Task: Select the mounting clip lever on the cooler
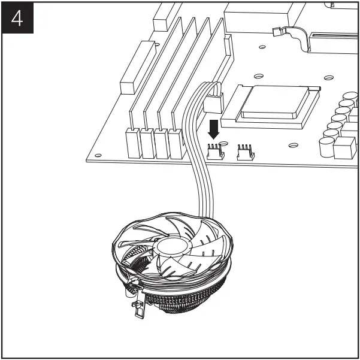coord(136,302)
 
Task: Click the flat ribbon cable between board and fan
coord(198,174)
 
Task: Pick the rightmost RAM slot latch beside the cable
coord(176,143)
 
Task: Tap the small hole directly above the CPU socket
coord(258,76)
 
